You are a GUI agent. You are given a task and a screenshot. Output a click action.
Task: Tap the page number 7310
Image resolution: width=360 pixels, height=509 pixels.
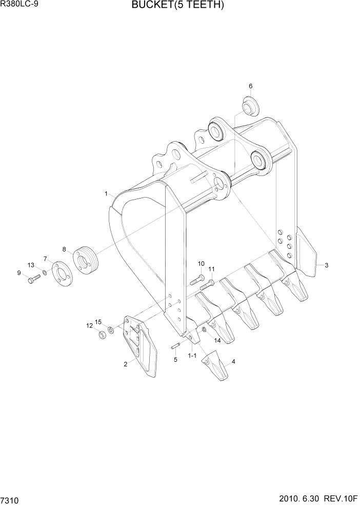tap(11, 499)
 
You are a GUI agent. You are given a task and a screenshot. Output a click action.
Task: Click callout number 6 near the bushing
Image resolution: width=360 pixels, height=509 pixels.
tap(251, 86)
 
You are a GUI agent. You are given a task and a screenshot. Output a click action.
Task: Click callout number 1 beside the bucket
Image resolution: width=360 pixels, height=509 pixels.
tap(106, 194)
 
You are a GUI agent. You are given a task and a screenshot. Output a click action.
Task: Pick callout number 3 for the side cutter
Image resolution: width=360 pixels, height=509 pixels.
tap(326, 265)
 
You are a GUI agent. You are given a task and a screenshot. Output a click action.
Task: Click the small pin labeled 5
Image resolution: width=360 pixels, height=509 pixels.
tap(175, 347)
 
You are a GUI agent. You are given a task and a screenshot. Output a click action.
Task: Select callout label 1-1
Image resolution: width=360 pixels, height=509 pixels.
tap(192, 355)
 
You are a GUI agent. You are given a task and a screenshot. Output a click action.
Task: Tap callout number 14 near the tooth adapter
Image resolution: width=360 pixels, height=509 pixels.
tap(217, 340)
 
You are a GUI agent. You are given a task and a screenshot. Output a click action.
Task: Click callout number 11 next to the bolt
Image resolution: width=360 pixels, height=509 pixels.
tap(211, 269)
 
